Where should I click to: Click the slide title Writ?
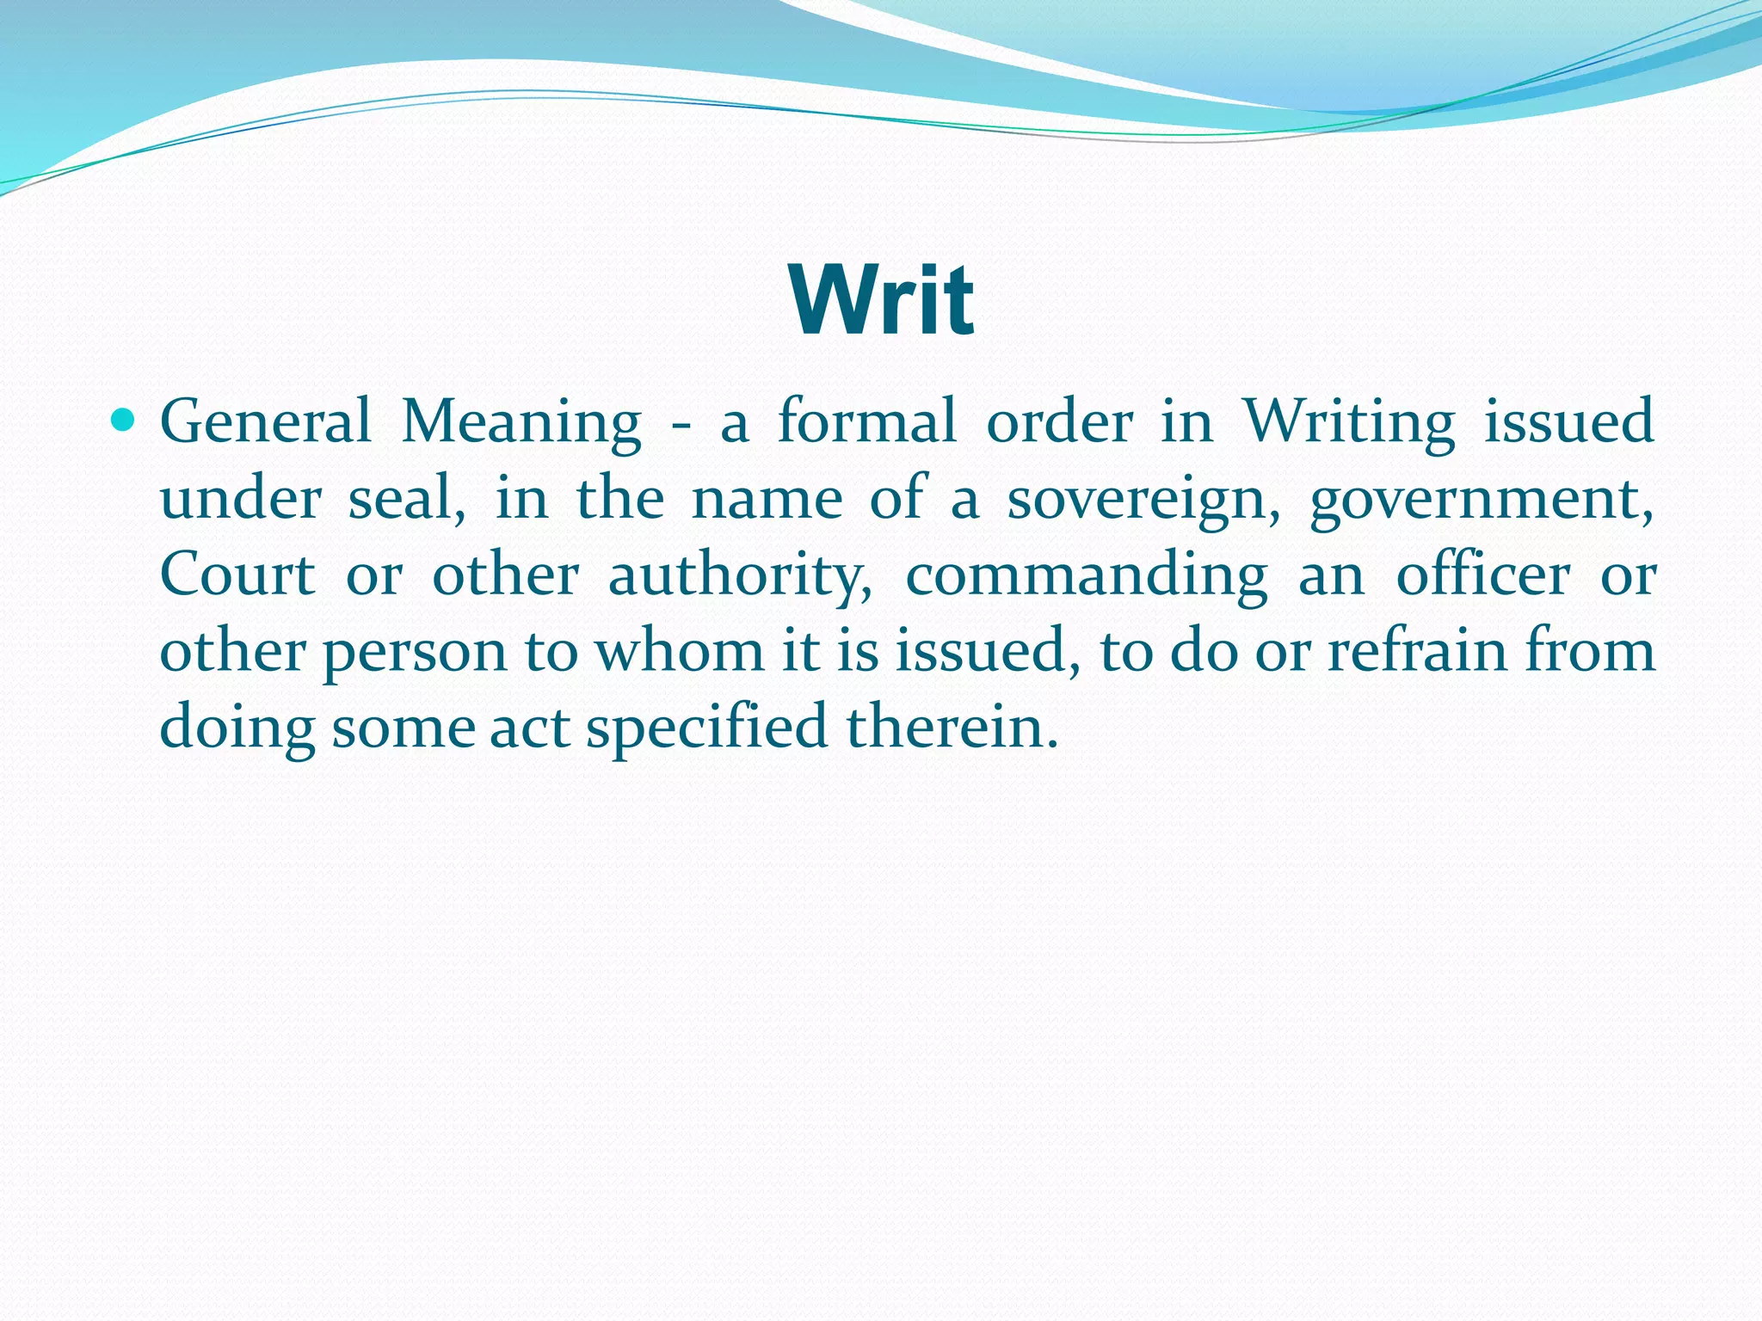(881, 300)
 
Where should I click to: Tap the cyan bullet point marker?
(124, 421)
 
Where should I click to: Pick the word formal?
(866, 421)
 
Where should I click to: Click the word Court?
(237, 574)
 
